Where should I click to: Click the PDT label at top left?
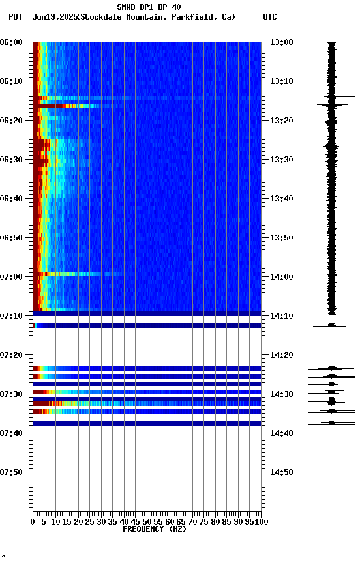tap(15, 17)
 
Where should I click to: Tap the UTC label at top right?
tap(270, 17)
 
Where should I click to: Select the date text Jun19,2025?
tap(54, 17)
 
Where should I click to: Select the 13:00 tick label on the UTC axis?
tap(282, 42)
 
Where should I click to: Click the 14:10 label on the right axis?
tap(282, 316)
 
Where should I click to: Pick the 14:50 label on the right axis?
tap(282, 472)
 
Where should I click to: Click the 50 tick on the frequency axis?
tap(147, 521)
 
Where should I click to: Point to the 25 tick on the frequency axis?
tap(89, 521)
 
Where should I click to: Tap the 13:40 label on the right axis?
tap(282, 199)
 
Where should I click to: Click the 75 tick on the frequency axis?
tap(203, 521)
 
